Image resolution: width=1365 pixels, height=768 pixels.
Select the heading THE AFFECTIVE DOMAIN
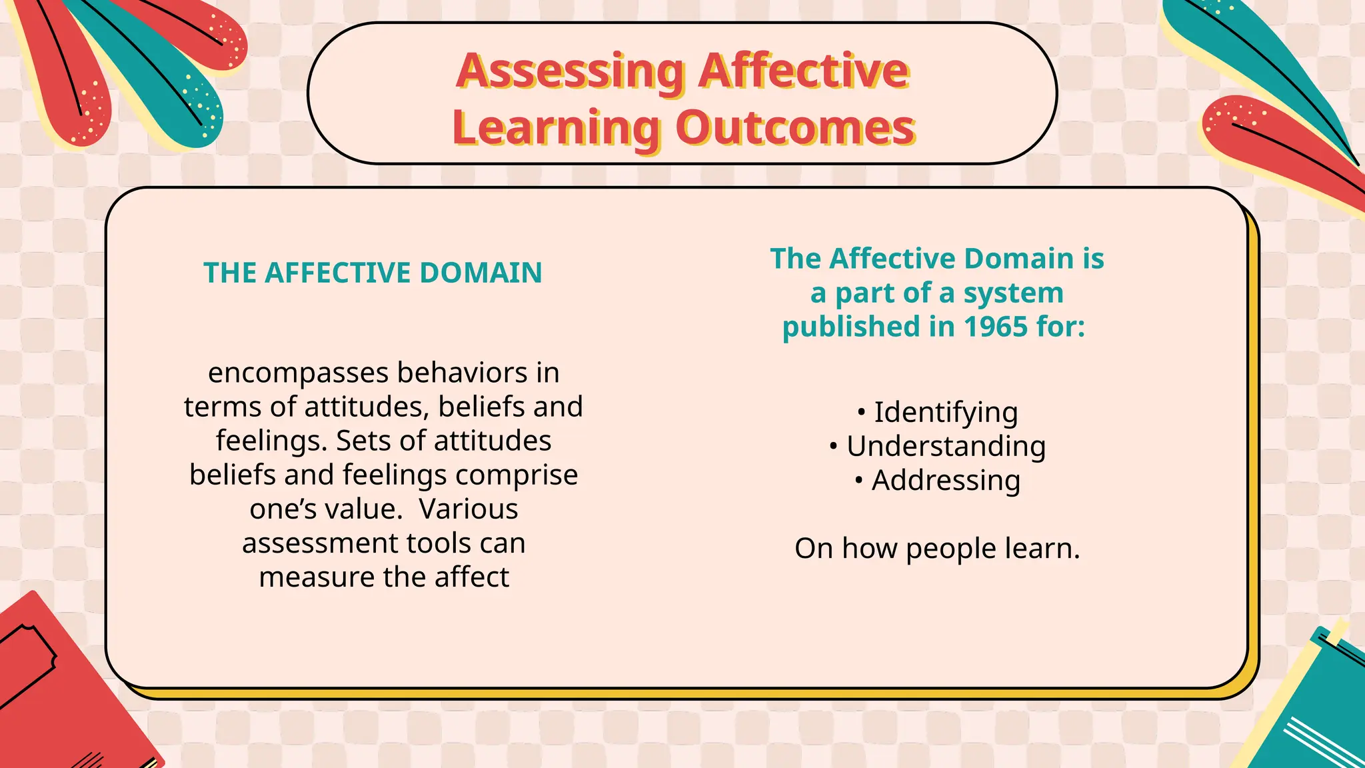pos(373,273)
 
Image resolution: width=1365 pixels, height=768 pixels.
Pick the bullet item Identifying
pos(945,413)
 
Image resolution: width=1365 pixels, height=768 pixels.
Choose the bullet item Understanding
pos(945,447)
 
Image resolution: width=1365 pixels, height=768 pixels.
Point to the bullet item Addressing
pos(945,481)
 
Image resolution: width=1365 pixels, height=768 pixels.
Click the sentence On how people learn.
pos(936,549)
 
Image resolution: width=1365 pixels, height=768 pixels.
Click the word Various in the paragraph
pos(469,509)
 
